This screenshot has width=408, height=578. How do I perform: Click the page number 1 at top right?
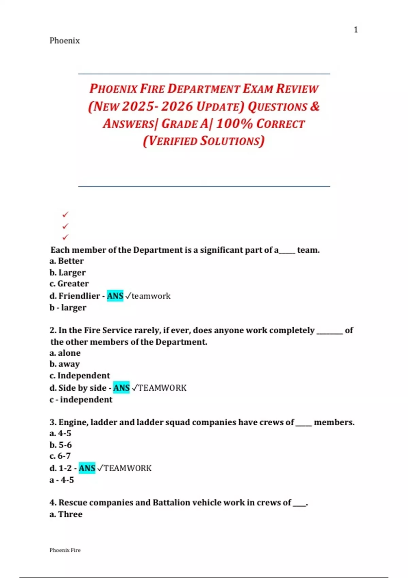[356, 30]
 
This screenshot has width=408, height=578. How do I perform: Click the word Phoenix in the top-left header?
[65, 41]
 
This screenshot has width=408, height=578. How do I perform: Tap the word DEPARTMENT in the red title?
[204, 89]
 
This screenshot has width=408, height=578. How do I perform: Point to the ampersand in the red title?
[314, 106]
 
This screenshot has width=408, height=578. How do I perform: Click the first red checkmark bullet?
[65, 215]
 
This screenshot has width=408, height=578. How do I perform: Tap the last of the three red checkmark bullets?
[65, 237]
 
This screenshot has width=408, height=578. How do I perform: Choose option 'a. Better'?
[67, 261]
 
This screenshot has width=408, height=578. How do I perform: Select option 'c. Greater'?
[69, 284]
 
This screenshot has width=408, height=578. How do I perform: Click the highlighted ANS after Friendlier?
[115, 296]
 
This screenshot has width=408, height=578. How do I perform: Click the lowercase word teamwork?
[151, 296]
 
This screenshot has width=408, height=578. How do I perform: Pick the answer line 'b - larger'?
[68, 308]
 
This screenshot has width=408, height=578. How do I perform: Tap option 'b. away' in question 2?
[65, 364]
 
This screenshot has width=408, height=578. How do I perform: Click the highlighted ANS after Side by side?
[121, 388]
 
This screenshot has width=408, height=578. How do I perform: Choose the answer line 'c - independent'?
[81, 400]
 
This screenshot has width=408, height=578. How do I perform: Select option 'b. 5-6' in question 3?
[61, 445]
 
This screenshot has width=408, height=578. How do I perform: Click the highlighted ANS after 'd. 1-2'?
[87, 468]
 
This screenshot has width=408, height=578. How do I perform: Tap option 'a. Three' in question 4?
[66, 514]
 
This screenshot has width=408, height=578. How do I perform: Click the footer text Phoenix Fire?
[65, 550]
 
